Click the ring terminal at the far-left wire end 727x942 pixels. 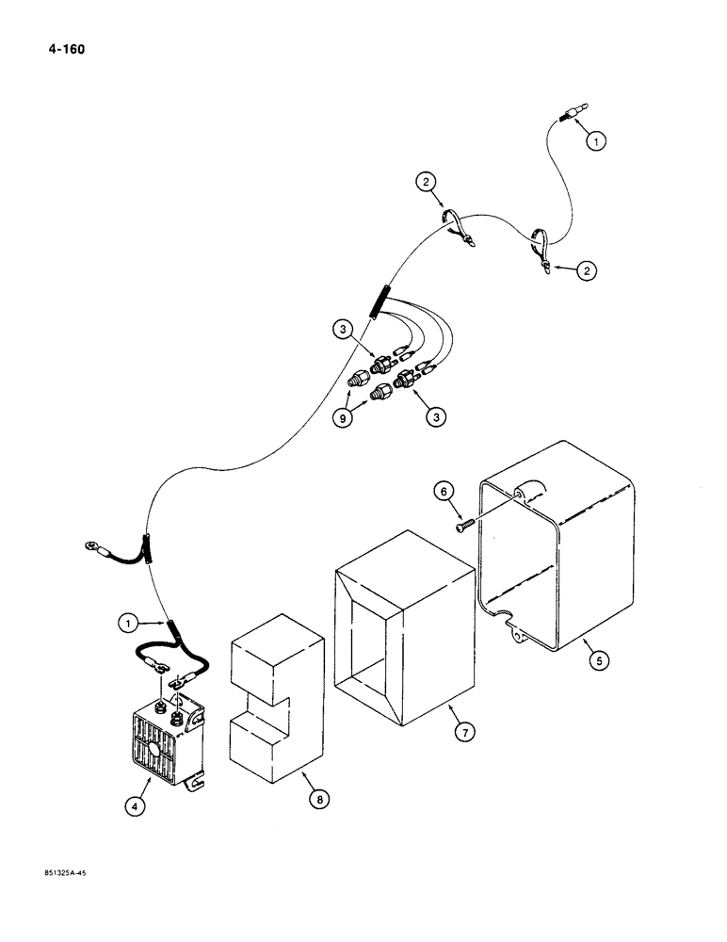[x=91, y=544]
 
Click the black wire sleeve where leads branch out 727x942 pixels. [x=380, y=302]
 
